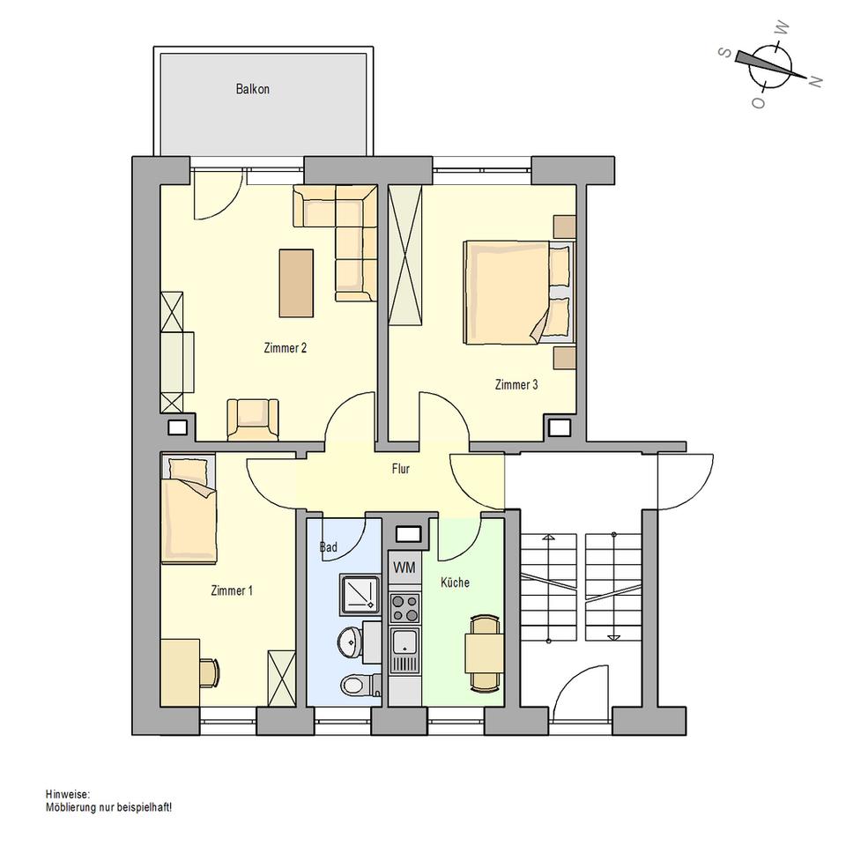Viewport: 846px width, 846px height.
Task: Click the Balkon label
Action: tap(252, 89)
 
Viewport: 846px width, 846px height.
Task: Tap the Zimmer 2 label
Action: tap(285, 348)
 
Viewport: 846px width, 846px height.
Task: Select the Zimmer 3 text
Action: tap(516, 384)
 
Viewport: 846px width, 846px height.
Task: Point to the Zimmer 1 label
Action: tap(232, 590)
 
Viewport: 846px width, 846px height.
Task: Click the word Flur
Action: tap(401, 469)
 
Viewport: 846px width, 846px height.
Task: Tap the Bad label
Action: tap(328, 547)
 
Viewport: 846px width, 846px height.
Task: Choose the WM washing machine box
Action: tap(404, 567)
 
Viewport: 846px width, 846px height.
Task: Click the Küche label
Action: tap(455, 583)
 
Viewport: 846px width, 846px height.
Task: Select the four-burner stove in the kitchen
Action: tap(404, 607)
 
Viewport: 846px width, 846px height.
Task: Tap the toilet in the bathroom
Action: tap(357, 684)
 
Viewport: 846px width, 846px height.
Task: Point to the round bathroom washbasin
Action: tap(350, 641)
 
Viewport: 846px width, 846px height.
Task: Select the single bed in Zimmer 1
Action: tap(188, 509)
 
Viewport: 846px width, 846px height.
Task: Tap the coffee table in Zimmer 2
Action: tap(296, 283)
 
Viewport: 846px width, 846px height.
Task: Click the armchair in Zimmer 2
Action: tap(253, 419)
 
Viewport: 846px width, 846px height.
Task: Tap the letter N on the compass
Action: tap(815, 81)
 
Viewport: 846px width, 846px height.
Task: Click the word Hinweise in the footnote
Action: tap(67, 794)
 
